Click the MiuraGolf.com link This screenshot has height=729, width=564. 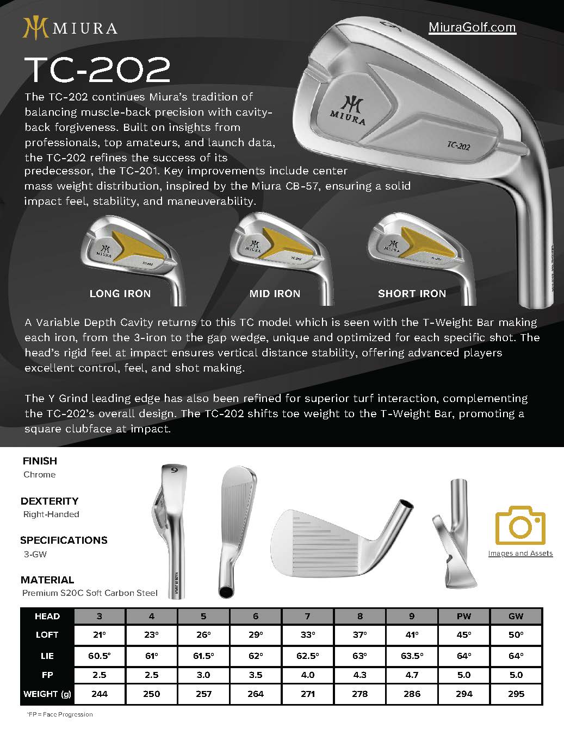(472, 27)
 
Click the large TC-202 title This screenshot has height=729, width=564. (98, 70)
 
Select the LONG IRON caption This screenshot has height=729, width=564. (120, 294)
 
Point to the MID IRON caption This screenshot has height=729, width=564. (275, 294)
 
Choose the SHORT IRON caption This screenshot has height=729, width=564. (412, 294)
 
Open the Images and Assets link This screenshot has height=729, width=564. (520, 554)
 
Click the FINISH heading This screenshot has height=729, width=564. (40, 461)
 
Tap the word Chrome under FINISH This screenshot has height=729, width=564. (39, 475)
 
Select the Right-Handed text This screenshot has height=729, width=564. (51, 514)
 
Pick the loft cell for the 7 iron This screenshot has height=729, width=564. (307, 635)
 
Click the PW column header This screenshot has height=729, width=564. (464, 617)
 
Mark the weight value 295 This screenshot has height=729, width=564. (516, 694)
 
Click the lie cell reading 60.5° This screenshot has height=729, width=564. (99, 656)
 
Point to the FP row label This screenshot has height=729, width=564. (47, 675)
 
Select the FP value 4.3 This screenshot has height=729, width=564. (360, 675)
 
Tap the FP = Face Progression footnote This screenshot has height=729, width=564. (60, 714)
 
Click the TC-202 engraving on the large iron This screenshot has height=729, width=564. (458, 145)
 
